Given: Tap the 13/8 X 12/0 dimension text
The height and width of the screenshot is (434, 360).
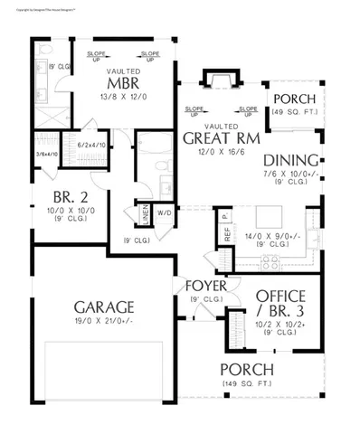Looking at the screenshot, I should (122, 97).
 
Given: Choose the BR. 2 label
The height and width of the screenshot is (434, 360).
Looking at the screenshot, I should (64, 198).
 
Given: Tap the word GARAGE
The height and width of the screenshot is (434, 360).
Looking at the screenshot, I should (91, 306).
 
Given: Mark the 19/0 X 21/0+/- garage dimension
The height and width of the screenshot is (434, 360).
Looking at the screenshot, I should (91, 321).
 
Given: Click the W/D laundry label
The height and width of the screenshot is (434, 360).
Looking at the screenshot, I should (166, 214).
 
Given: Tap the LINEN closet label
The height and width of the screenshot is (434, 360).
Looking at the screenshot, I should (145, 214).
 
